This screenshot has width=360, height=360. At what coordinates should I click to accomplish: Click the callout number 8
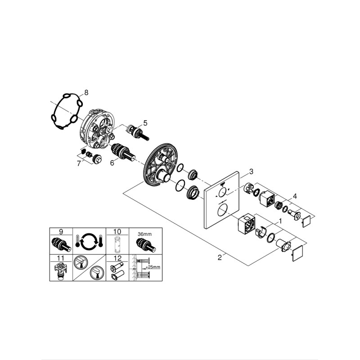(86, 93)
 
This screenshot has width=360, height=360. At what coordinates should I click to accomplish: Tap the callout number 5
(145, 123)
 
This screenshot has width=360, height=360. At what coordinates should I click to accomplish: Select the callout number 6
(112, 163)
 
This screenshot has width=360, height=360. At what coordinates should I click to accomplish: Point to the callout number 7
(79, 164)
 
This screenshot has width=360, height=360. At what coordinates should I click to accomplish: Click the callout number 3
(251, 171)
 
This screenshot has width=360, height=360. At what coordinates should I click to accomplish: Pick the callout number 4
(295, 196)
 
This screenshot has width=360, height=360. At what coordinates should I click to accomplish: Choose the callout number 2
(220, 257)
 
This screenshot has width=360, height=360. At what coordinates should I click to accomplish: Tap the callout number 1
(280, 221)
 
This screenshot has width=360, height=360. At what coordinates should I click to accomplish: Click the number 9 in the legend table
(61, 231)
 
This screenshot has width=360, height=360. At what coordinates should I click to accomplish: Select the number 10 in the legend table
(117, 231)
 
